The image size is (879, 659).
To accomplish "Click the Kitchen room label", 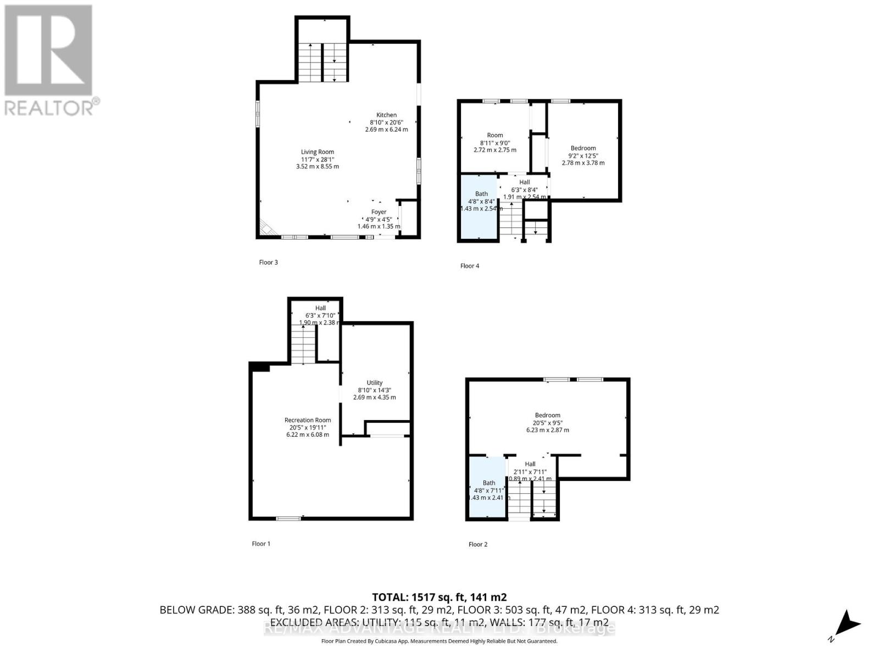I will (x=386, y=115).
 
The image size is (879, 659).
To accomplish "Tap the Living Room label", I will (x=317, y=152).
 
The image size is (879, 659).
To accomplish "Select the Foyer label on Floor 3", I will (x=379, y=212).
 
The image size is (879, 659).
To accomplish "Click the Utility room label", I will (x=375, y=383).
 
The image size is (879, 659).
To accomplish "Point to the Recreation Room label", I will (x=308, y=420).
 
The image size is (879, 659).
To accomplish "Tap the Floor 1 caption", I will (x=261, y=544).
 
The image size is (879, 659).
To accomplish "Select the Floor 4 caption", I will (x=470, y=266).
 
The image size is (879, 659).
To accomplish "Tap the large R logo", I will (x=48, y=49).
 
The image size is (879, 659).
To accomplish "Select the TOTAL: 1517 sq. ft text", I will (x=439, y=597).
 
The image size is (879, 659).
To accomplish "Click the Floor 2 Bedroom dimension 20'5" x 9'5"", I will (x=547, y=423).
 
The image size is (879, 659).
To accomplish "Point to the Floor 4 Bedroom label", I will (x=583, y=148).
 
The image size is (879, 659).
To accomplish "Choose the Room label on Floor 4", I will (x=494, y=135).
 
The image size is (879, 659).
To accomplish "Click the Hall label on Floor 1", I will (x=320, y=308).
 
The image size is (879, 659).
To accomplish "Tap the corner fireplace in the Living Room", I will (x=269, y=228).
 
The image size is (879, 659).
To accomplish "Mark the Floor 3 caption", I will (x=269, y=263).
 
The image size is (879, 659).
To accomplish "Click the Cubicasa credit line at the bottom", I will (x=439, y=641).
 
